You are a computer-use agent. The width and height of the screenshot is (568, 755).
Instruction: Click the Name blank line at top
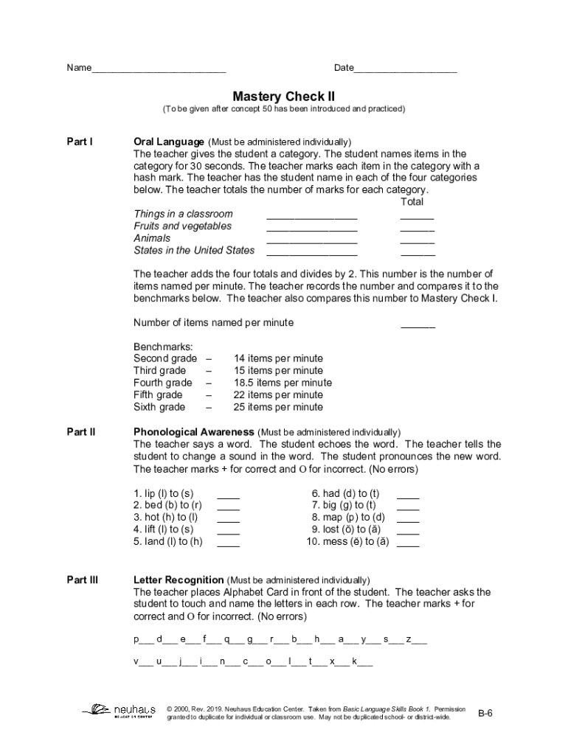pos(159,69)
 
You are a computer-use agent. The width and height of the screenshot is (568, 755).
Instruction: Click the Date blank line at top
pos(405,69)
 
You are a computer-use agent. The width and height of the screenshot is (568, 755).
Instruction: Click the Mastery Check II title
pos(284,97)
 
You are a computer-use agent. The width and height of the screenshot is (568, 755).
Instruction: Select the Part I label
pos(80,142)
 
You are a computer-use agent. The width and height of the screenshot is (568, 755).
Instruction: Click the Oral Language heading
pos(168,142)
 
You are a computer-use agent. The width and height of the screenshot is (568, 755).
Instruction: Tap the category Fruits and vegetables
pos(182,226)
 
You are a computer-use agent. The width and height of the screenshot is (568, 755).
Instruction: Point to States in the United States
pos(194,251)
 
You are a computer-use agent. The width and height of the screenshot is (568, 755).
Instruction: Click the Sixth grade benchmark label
pos(159,407)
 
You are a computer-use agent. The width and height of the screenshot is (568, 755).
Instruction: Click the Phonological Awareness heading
pos(194,432)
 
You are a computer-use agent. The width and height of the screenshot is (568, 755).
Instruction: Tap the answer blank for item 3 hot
pos(229,518)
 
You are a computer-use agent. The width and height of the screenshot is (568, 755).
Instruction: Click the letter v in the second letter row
pos(136,661)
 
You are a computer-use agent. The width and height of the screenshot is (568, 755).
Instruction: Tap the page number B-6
pos(485,713)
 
